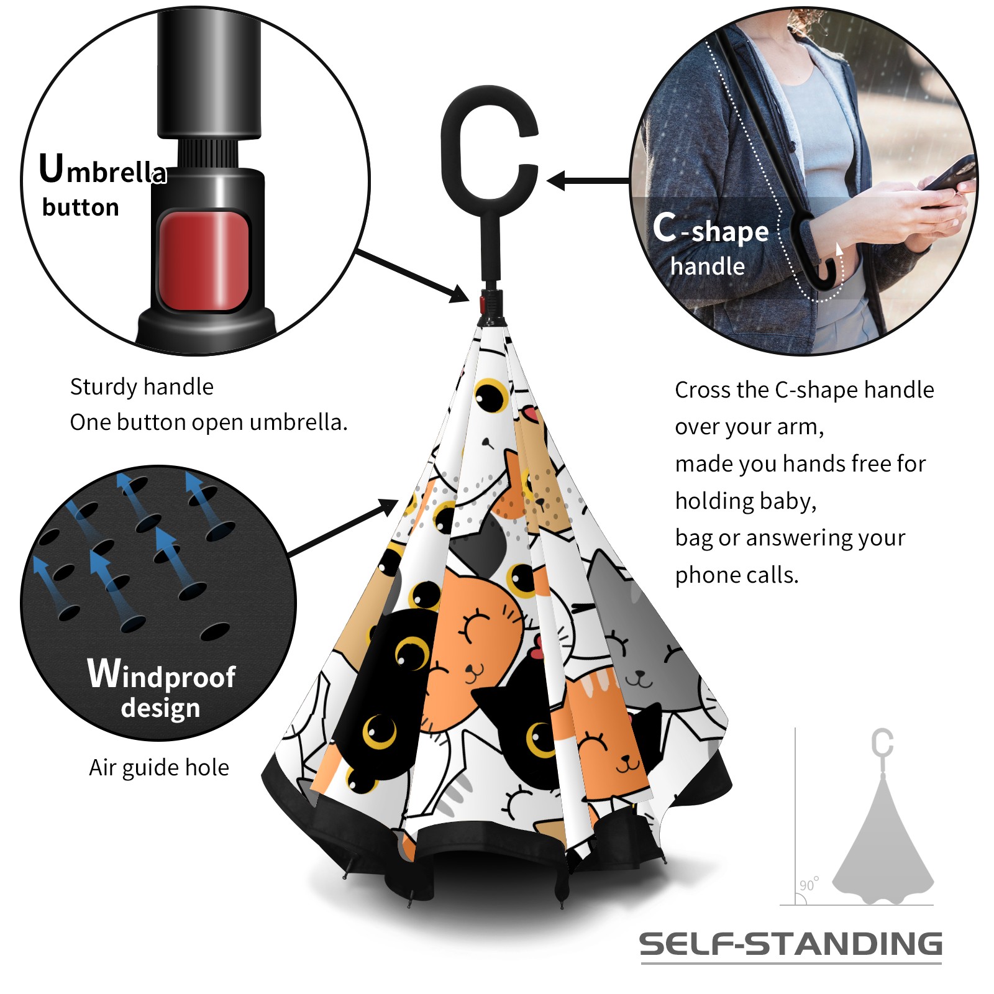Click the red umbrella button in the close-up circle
click(x=204, y=260)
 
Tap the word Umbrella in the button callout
click(x=103, y=169)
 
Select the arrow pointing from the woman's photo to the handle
click(x=588, y=181)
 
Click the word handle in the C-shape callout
click(x=708, y=266)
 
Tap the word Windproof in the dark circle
click(x=162, y=674)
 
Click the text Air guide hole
click(x=159, y=768)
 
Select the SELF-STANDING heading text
click(x=791, y=944)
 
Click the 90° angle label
click(x=809, y=884)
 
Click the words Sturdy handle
click(x=142, y=387)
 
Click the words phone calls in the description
click(x=737, y=575)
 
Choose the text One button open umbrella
click(x=209, y=422)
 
